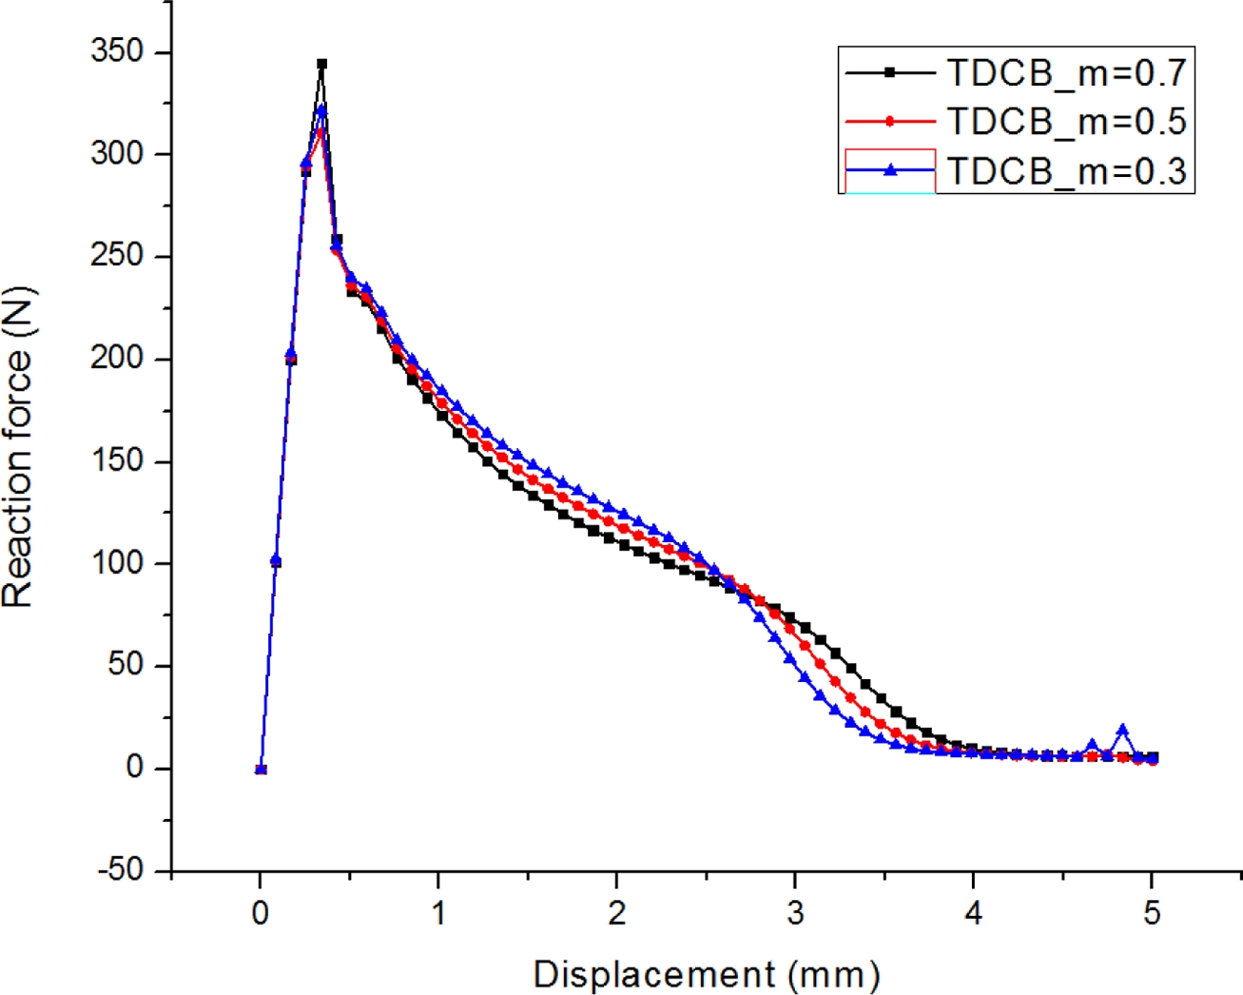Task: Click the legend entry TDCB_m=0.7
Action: point(1065,71)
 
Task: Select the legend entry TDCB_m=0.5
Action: point(1065,122)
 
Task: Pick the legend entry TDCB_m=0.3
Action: point(1065,171)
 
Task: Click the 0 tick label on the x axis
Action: point(261,913)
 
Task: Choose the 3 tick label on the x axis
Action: point(795,913)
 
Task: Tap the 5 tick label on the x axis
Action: point(1152,913)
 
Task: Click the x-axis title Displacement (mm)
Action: point(706,974)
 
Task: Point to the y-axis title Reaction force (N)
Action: point(19,447)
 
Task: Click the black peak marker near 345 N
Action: point(321,65)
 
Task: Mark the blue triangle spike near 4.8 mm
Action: point(1122,731)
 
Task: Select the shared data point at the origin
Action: point(261,769)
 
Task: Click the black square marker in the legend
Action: point(890,71)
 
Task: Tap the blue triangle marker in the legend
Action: point(890,170)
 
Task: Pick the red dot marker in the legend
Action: point(890,122)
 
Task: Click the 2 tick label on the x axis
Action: point(617,913)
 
